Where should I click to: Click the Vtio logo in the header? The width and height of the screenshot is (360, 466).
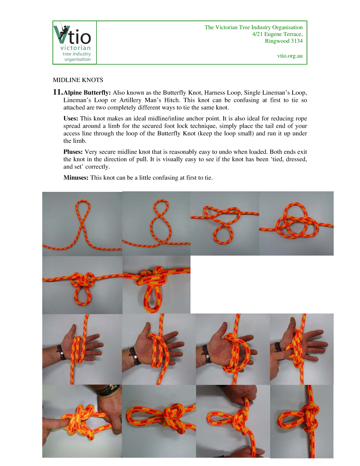(74, 42)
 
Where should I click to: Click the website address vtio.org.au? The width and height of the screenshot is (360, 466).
(290, 56)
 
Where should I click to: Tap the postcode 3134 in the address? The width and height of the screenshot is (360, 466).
(296, 41)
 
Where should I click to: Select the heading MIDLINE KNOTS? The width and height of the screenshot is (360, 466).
(78, 80)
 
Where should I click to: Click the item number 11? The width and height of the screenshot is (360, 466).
(57, 92)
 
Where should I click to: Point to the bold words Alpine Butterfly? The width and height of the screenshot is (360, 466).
(87, 93)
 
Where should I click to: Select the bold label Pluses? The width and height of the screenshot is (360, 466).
(73, 152)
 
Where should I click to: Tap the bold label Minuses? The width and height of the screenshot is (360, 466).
(76, 178)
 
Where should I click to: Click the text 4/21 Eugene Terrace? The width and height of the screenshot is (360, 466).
(277, 34)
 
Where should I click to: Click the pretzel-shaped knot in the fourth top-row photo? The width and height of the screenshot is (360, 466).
(296, 222)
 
